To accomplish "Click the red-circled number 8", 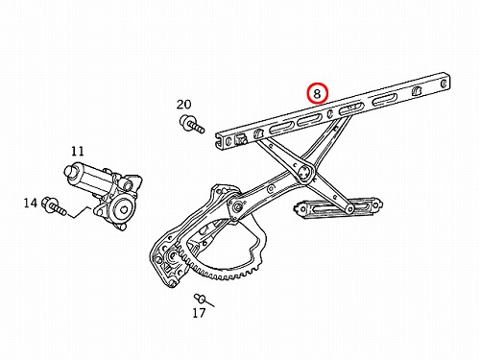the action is tap(317, 93).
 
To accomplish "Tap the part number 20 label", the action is tap(184, 105).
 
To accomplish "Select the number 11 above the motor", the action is tap(77, 151).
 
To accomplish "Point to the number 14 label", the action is tap(31, 203).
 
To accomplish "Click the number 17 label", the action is tap(199, 313).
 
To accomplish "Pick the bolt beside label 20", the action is tap(191, 124).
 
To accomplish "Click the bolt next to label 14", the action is tap(55, 205).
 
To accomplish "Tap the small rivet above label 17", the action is tap(201, 299).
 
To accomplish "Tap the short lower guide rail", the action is tap(338, 208).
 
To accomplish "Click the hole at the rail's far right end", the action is tap(444, 84).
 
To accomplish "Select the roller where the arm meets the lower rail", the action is tap(349, 209).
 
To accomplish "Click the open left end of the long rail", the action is tap(220, 141).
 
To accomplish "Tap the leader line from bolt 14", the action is tap(80, 213).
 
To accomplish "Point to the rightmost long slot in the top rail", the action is tap(385, 100).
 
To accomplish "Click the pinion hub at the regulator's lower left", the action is tap(172, 256).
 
